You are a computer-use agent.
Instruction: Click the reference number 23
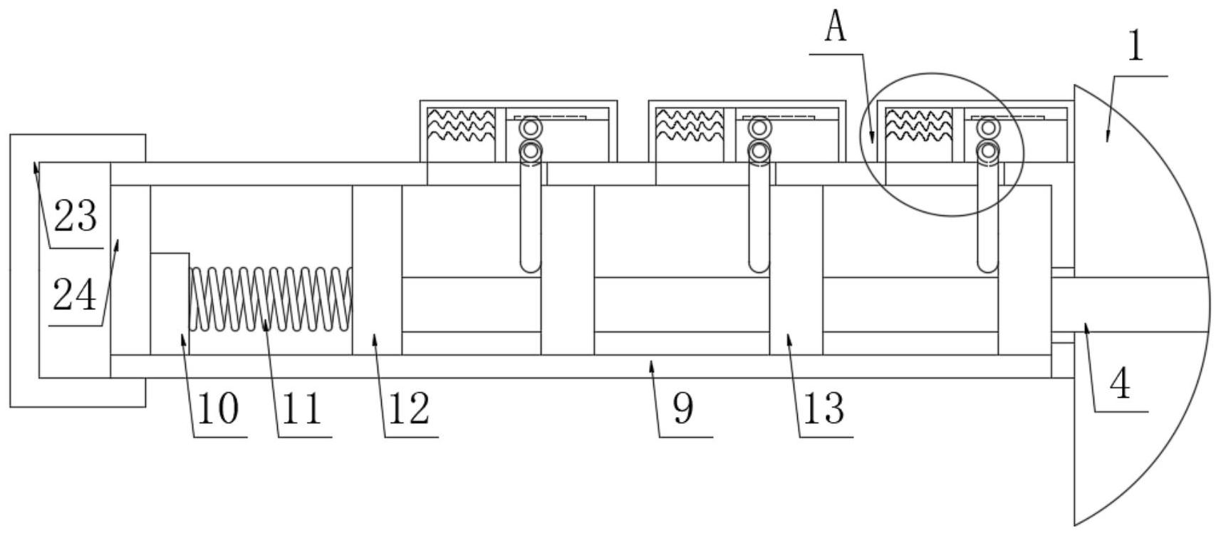pos(75,216)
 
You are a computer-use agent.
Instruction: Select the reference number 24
pos(75,295)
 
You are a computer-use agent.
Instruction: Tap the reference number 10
pos(218,409)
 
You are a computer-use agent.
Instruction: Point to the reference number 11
pos(302,409)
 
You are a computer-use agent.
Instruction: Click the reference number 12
pos(409,409)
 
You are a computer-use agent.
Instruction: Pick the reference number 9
pos(682,409)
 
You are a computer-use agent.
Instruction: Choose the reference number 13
pos(824,409)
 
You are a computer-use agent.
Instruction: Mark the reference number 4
pos(1120,384)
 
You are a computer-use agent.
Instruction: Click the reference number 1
pos(1136,47)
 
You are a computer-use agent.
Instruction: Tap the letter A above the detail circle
pos(836,28)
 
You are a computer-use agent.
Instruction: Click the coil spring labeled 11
pos(271,299)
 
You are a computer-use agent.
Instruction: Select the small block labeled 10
pos(170,303)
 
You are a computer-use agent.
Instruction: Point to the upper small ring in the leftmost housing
pos(530,128)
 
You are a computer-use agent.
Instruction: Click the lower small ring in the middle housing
pos(759,151)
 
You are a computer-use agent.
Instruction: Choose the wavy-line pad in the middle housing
pos(690,125)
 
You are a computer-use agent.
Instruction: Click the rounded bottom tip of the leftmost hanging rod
pos(530,267)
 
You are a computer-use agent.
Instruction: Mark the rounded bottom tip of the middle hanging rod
pos(759,267)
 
